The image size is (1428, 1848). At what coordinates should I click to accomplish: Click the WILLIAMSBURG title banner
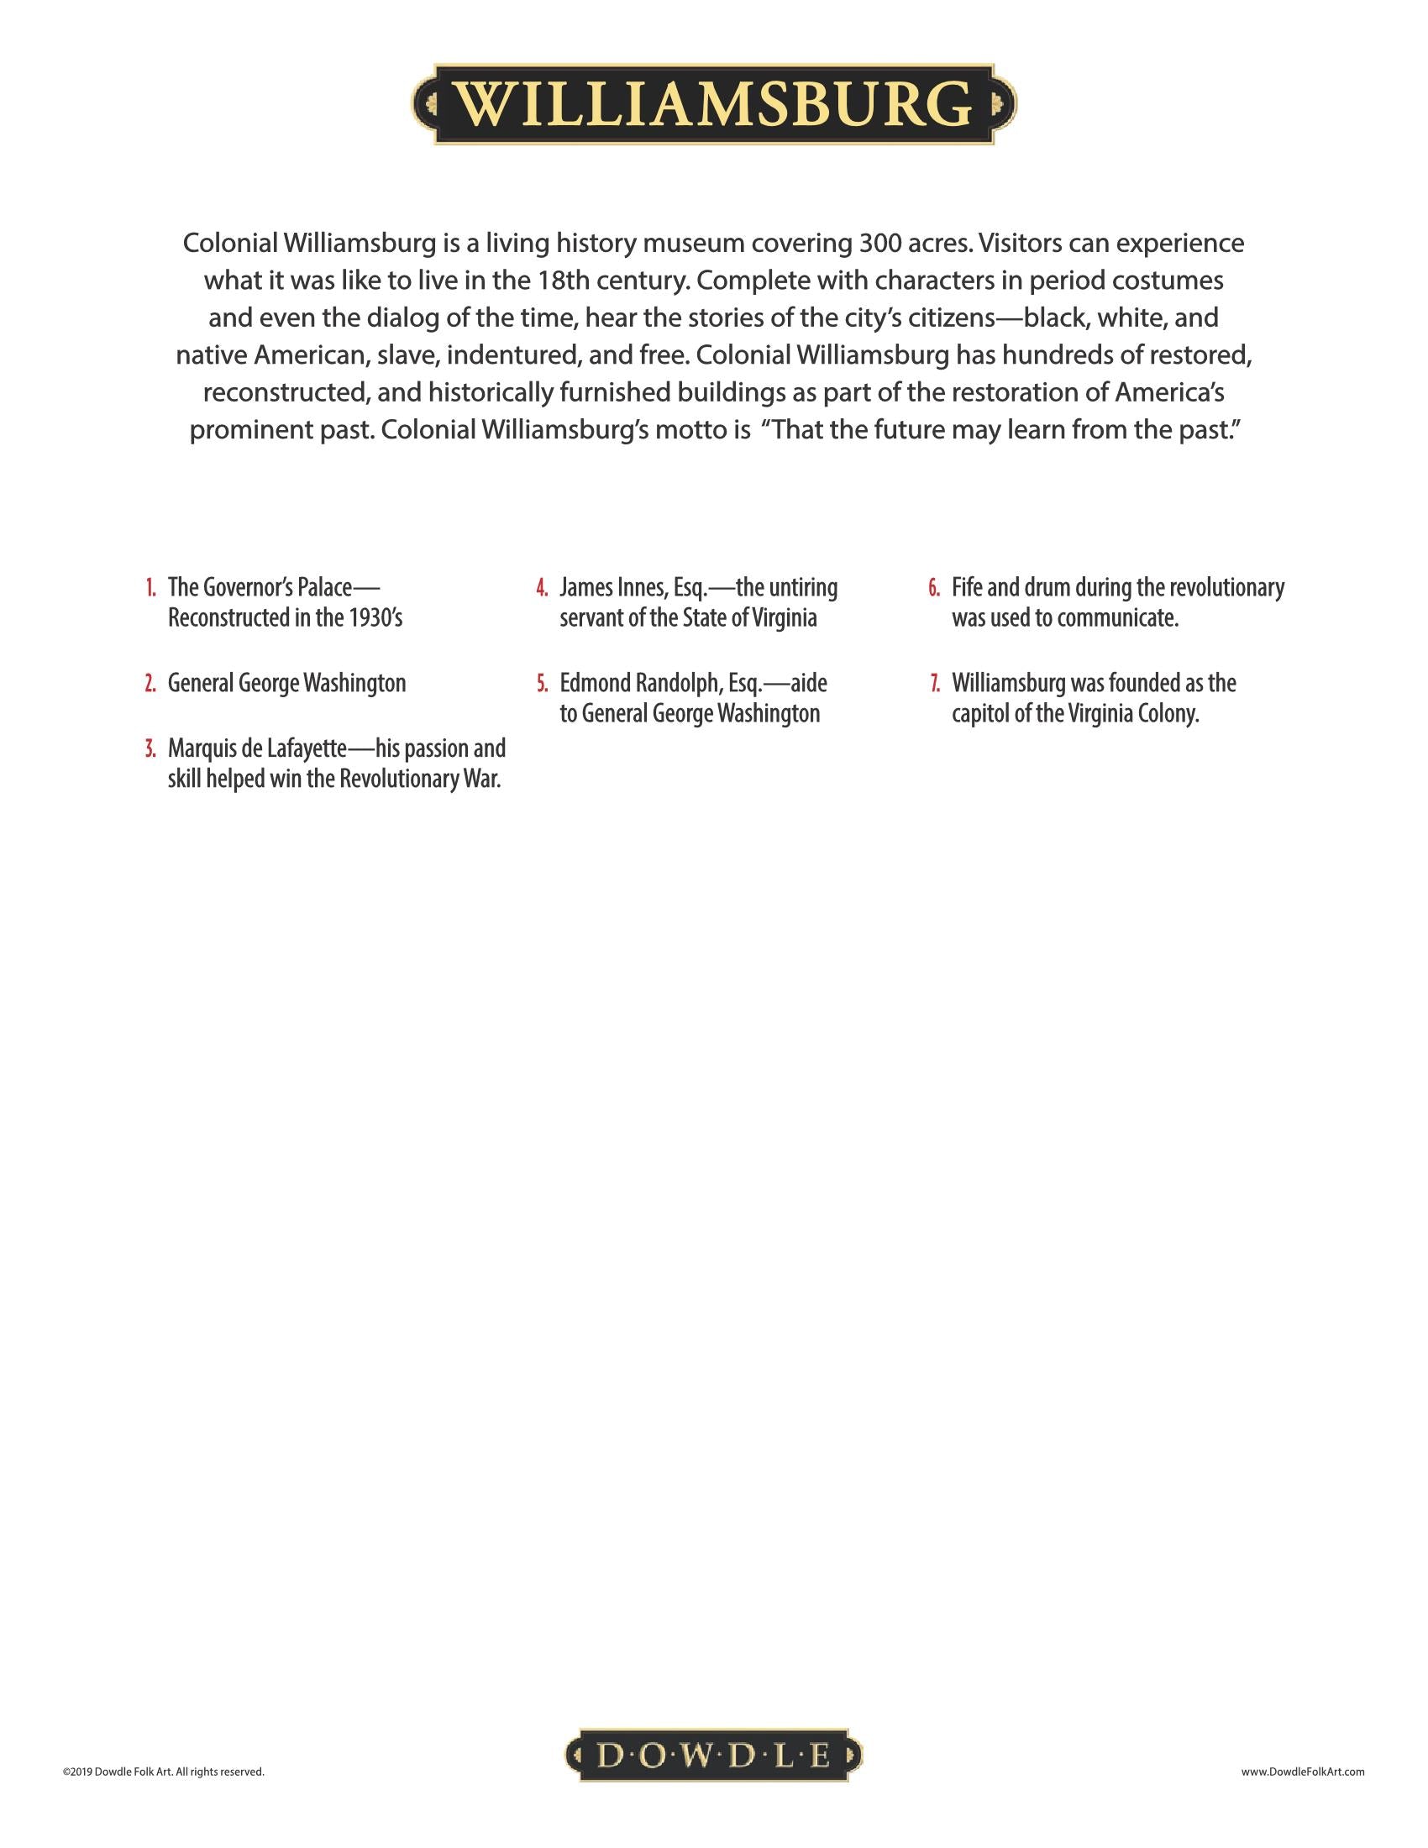[714, 104]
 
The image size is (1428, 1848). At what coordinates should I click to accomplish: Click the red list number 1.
[150, 587]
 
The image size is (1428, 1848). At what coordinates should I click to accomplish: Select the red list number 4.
[543, 587]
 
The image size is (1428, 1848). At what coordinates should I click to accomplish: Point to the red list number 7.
[934, 683]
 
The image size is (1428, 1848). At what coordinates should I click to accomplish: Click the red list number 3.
[150, 748]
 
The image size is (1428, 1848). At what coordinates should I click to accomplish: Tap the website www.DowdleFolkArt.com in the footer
[1302, 1771]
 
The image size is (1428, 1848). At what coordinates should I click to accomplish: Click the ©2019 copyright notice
[163, 1771]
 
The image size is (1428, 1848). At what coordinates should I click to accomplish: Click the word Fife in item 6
[968, 587]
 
